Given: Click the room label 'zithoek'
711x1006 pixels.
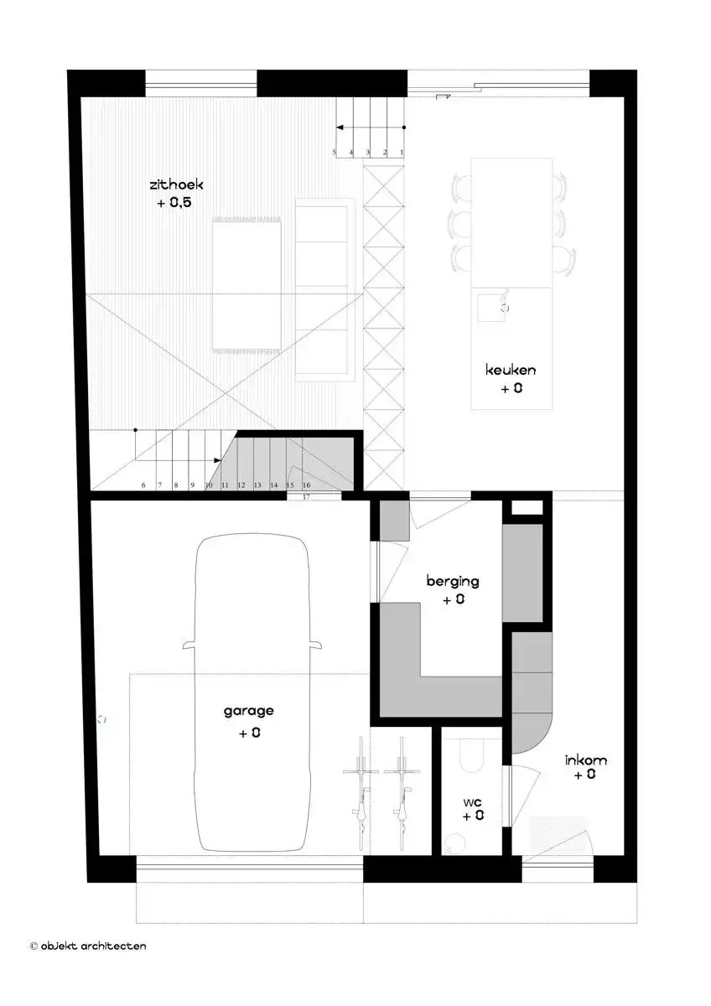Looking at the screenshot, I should click(x=176, y=184).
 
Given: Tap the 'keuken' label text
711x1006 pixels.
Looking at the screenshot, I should click(x=511, y=370).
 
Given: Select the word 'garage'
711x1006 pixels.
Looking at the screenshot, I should click(x=248, y=711).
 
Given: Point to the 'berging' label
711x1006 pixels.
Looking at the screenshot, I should click(x=453, y=580).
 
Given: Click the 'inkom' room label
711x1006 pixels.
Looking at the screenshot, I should click(x=586, y=760).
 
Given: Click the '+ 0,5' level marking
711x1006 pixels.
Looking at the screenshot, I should click(x=174, y=203).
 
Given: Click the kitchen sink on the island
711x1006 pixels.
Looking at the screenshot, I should click(x=489, y=308).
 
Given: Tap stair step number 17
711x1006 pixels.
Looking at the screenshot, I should click(x=307, y=497).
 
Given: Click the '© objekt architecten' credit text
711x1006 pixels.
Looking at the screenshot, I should click(x=88, y=946).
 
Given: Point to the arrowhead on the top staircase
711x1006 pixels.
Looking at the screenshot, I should click(x=340, y=127).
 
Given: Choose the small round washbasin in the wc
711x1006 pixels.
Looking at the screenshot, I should click(x=456, y=843).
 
